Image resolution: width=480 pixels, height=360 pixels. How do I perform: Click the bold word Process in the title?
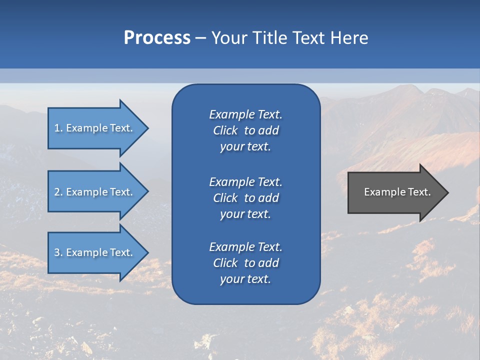(x=157, y=38)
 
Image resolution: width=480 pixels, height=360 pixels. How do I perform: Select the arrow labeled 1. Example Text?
(x=95, y=128)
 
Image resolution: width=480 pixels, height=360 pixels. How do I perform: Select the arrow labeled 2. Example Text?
(x=95, y=192)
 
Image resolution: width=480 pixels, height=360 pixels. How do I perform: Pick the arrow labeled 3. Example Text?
(x=95, y=252)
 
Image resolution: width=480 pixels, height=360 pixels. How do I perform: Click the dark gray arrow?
(x=395, y=192)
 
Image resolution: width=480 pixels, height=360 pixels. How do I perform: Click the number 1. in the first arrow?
(x=58, y=128)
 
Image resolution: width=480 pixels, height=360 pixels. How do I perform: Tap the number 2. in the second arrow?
(x=58, y=192)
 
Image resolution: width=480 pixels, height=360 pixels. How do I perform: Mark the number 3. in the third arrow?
(x=58, y=252)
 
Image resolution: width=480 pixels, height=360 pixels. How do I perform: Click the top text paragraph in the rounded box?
(x=245, y=130)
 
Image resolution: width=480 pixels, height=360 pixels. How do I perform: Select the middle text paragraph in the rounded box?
(x=245, y=198)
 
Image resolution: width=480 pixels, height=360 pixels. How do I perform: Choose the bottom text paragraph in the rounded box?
(x=245, y=263)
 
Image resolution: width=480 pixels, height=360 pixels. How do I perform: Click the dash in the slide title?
(x=200, y=38)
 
